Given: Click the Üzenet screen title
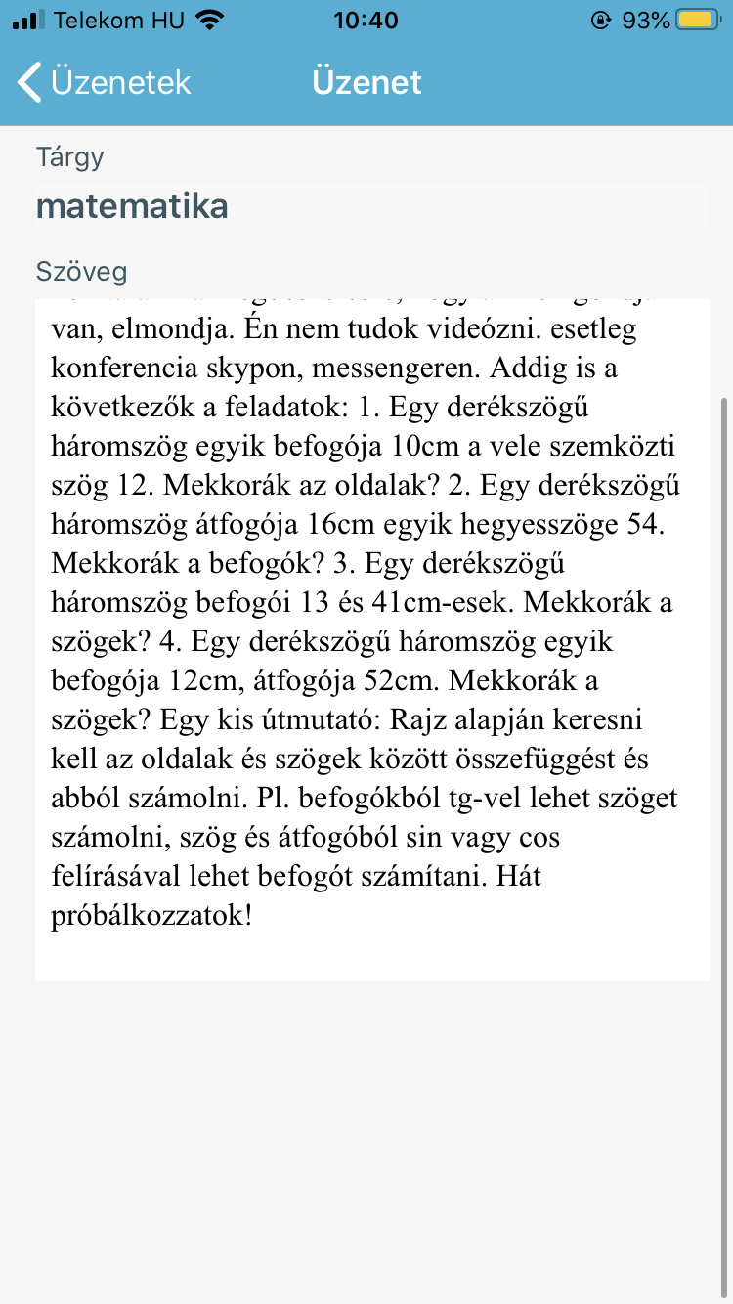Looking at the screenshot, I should pyautogui.click(x=366, y=82).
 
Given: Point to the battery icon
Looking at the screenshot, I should pyautogui.click(x=698, y=21).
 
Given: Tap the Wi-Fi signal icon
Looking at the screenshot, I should pyautogui.click(x=209, y=21).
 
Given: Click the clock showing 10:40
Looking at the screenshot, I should pyautogui.click(x=366, y=21).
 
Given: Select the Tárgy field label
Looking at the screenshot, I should pyautogui.click(x=70, y=157).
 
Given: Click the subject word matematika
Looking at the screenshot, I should pyautogui.click(x=132, y=206).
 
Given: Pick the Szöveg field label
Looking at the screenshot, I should pyautogui.click(x=81, y=271).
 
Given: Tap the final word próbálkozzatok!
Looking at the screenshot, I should pyautogui.click(x=151, y=916).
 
